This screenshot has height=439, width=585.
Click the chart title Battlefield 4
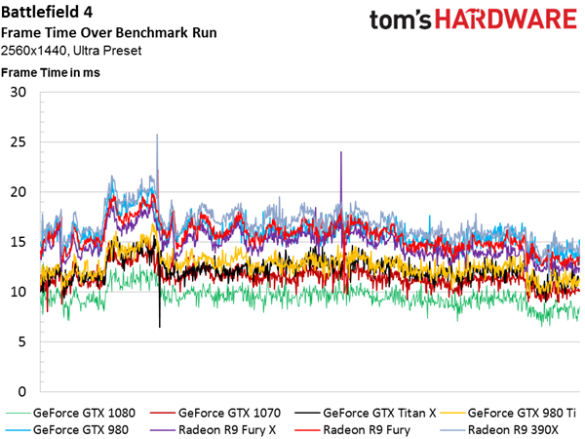click(47, 13)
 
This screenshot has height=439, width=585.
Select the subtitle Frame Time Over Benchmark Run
click(108, 33)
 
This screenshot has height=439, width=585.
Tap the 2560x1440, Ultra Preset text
click(71, 51)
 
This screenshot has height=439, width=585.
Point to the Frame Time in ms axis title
click(51, 72)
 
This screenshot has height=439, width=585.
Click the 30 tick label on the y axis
click(19, 93)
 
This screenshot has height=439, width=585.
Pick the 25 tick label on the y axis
click(19, 142)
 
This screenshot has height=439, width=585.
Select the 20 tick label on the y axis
click(19, 192)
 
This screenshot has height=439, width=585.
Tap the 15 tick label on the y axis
click(19, 242)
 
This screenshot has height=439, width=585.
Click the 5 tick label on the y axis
click(22, 342)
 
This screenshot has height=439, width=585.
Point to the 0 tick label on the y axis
click(22, 392)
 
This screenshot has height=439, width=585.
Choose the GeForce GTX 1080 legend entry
click(70, 414)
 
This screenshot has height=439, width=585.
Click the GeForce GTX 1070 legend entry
click(215, 414)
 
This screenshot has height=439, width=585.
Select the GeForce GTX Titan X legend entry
click(366, 414)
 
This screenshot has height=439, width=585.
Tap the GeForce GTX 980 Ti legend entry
click(508, 414)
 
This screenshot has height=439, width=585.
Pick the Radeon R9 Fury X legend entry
click(213, 430)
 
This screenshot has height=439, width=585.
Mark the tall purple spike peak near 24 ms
click(341, 152)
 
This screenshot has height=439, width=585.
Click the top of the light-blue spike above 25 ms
click(157, 135)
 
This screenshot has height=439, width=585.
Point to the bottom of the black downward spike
click(160, 328)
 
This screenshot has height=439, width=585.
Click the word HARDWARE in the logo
click(506, 20)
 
